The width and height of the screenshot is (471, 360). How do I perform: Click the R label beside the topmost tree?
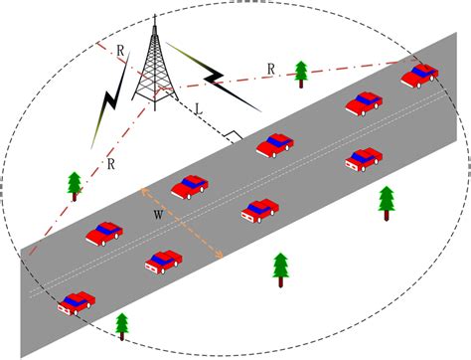pyautogui.click(x=270, y=68)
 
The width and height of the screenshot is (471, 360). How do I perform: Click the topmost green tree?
pyautogui.click(x=301, y=72)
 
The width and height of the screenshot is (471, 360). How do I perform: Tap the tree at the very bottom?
pyautogui.click(x=122, y=324)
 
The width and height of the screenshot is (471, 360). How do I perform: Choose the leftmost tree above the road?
pyautogui.click(x=75, y=184)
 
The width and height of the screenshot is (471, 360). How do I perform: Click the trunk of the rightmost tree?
pyautogui.click(x=387, y=213)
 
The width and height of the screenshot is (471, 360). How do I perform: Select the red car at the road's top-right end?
pyautogui.click(x=419, y=75)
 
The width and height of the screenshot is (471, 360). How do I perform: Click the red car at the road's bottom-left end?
pyautogui.click(x=77, y=301)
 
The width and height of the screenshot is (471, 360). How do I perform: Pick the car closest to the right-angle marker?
pyautogui.click(x=274, y=144)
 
